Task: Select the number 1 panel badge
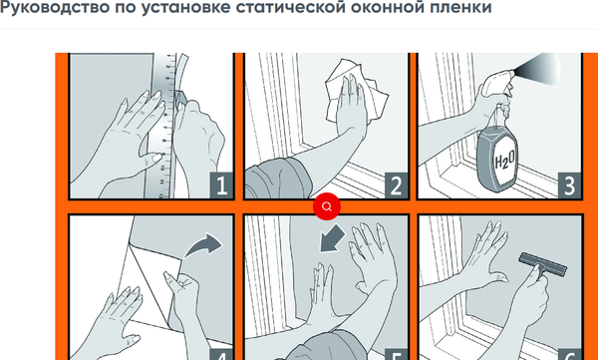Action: [x=221, y=185]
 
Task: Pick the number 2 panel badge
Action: [x=396, y=185]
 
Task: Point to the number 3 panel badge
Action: [x=569, y=185]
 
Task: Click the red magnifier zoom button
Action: [x=327, y=206]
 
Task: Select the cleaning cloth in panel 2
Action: [x=356, y=91]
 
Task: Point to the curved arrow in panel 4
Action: [x=202, y=246]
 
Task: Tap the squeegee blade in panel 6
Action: [x=542, y=263]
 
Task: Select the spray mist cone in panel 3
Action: [x=536, y=69]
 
